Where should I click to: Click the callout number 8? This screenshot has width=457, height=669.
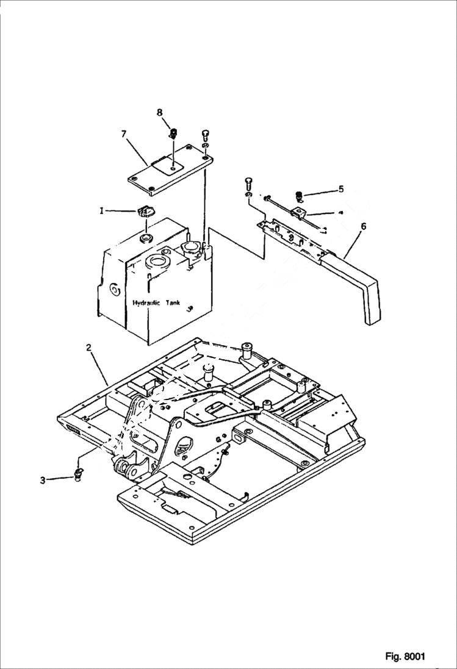coord(160,112)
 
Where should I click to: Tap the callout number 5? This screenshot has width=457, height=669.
coord(341,189)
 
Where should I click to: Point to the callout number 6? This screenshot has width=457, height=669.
coord(364,226)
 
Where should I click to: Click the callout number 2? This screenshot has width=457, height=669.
coord(89,348)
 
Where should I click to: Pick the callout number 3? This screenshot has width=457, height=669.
coord(43,481)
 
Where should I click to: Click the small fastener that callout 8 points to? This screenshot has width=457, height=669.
coord(173,132)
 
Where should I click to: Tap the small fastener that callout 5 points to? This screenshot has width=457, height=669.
coord(300,196)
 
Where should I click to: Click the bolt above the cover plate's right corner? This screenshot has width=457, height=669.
coord(206,134)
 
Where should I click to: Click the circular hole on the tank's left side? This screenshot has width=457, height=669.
coord(113,288)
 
